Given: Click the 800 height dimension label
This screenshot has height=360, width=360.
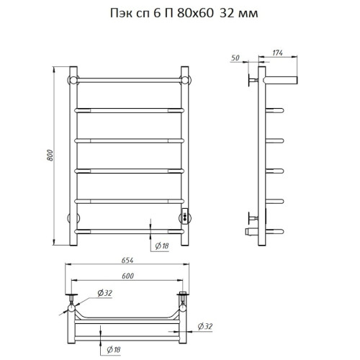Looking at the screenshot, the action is (x=50, y=156).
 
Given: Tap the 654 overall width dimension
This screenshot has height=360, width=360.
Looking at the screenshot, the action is (x=127, y=261).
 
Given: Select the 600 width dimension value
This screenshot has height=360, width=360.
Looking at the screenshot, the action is (x=127, y=276).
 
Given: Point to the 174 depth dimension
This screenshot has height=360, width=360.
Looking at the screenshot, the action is (x=277, y=53).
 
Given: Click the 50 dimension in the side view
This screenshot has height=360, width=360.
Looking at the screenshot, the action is (x=235, y=58).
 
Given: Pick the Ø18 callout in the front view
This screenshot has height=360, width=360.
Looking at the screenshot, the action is (x=162, y=246).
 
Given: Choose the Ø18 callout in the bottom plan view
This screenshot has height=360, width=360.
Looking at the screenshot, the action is (x=114, y=350).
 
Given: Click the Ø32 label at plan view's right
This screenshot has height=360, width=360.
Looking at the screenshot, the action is (x=205, y=326).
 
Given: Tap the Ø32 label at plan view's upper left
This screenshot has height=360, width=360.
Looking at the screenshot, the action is (x=105, y=293).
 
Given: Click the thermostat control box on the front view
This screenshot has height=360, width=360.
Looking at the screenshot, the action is (x=185, y=216).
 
